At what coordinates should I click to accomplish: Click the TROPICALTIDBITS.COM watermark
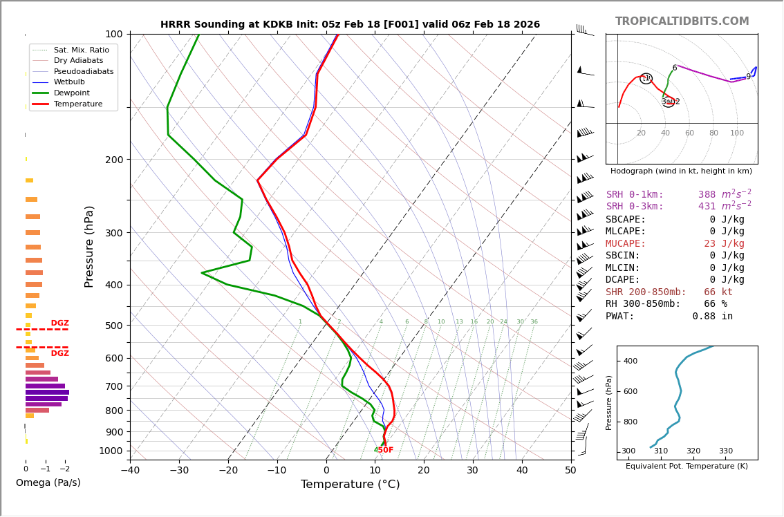[x=682, y=21]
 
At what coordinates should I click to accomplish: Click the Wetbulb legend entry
[x=72, y=82]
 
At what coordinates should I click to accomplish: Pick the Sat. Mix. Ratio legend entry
[x=81, y=50]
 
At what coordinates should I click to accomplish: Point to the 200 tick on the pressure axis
[x=113, y=160]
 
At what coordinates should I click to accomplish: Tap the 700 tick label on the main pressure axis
[x=113, y=386]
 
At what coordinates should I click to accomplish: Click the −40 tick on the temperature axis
[x=130, y=471]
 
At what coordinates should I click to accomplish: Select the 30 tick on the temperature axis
[x=472, y=471]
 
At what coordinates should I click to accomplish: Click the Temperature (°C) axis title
[x=350, y=485]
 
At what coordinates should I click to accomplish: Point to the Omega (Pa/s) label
[x=48, y=482]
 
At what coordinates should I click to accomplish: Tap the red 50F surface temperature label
[x=384, y=451]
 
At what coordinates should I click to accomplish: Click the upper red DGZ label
[x=60, y=323]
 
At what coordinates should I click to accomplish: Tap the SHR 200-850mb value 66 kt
[x=718, y=292]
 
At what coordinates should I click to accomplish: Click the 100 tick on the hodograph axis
[x=737, y=133]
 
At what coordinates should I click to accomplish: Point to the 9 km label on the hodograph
[x=748, y=77]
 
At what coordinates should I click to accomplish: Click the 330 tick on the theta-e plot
[x=725, y=451]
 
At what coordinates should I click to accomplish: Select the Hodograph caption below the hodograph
[x=681, y=171]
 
